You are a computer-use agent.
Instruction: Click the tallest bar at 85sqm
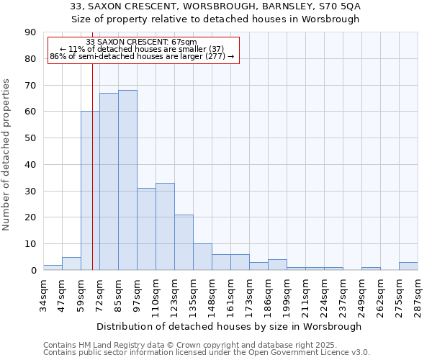pos(127,180)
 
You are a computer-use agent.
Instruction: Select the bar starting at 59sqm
pos(90,191)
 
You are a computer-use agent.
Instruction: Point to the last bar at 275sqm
pos(408,266)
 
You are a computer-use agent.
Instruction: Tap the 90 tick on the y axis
pos(32,32)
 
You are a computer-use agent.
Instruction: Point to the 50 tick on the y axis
pos(32,138)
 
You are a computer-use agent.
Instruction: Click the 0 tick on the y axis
pos(34,271)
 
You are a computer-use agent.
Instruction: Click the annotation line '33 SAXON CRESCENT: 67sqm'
pos(141,42)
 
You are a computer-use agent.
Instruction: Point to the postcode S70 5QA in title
pos(340,6)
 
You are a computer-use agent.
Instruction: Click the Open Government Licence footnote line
pos(207,352)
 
